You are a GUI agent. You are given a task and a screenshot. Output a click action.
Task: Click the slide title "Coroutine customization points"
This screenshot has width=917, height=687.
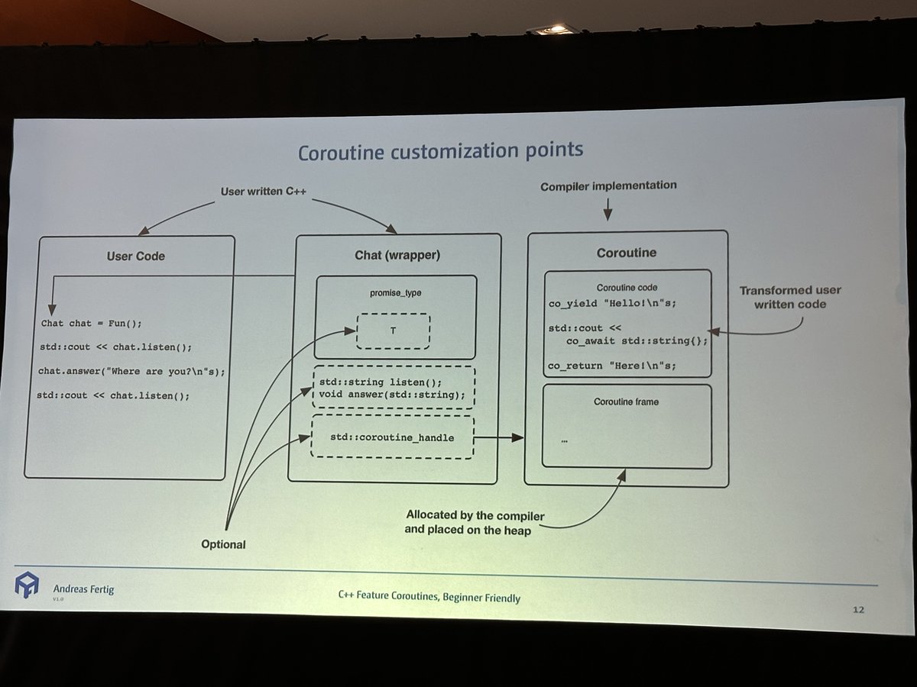point(440,150)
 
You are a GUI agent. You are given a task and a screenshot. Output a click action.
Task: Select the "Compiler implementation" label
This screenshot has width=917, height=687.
point(608,185)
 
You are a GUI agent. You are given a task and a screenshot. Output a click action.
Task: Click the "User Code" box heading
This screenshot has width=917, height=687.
point(135,256)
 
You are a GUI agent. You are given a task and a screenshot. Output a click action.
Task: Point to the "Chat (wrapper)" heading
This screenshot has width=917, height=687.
point(397,254)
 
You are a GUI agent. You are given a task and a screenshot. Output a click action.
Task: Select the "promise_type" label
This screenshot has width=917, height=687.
point(395,292)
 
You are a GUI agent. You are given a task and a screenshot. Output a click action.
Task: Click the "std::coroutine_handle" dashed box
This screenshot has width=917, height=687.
point(393,437)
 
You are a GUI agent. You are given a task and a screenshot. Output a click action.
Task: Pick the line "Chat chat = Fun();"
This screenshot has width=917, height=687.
point(92,323)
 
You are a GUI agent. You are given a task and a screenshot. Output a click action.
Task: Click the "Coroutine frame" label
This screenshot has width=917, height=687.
point(626,401)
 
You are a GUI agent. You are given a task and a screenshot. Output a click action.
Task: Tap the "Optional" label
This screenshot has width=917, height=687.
point(224,544)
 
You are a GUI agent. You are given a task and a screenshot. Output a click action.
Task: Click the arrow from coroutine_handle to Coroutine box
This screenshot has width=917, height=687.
point(499,438)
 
